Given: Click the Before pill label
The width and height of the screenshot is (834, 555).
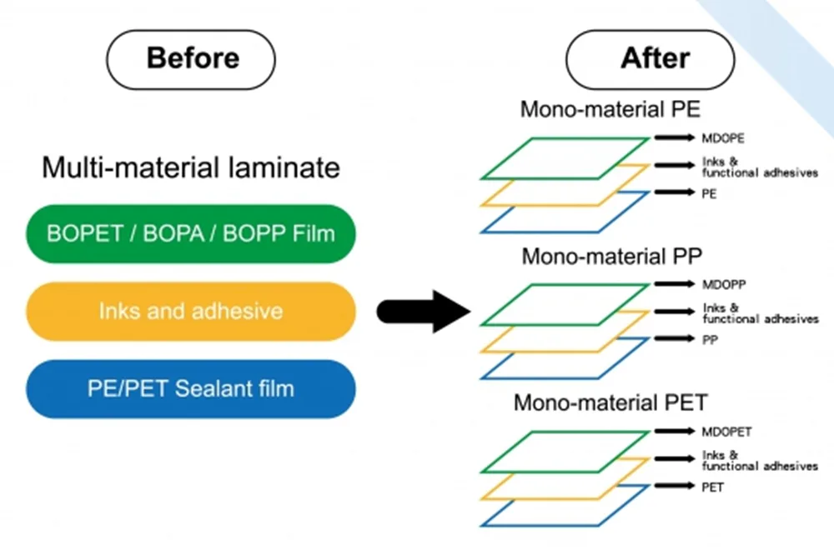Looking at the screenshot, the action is (x=191, y=59).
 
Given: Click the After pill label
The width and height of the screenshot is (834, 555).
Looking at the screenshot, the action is (x=650, y=59).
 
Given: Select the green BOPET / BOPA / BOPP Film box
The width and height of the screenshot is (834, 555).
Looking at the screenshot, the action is (x=191, y=233).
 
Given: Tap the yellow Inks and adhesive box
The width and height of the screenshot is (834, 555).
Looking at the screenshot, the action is (x=191, y=311).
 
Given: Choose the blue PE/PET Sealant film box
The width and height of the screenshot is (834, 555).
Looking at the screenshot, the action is (x=191, y=388).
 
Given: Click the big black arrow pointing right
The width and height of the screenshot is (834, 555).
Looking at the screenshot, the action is (x=424, y=312).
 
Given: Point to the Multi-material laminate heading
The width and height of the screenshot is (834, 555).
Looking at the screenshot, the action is (x=191, y=167).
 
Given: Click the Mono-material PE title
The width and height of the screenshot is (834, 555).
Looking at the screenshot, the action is (x=610, y=109).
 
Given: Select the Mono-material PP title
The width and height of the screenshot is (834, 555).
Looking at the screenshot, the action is (x=611, y=256).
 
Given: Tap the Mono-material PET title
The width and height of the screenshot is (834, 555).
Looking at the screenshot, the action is (x=610, y=402).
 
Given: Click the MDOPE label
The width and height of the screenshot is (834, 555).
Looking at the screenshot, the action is (x=723, y=138).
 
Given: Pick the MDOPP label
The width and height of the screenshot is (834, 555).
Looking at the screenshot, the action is (x=724, y=284).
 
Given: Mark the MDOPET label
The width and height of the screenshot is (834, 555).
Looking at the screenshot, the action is (x=726, y=432).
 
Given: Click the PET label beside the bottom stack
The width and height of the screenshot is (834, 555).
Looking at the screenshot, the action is (x=713, y=487).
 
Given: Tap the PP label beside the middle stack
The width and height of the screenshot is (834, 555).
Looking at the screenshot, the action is (x=710, y=340).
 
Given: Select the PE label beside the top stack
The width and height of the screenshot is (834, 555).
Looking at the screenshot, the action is (x=709, y=193).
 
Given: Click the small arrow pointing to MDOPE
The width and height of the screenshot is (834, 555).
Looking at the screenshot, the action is (x=675, y=137).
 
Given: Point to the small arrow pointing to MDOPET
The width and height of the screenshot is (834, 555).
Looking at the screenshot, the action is (x=675, y=431).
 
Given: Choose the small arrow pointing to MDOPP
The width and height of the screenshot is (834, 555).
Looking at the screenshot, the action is (x=675, y=284).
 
